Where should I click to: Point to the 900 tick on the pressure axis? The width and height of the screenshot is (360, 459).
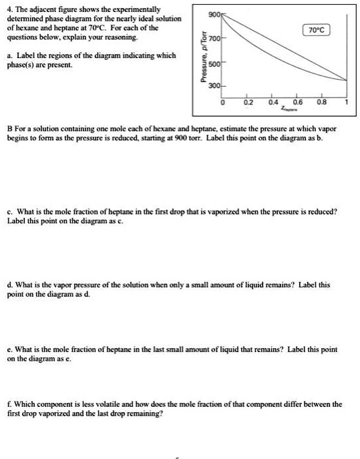[x=214, y=15]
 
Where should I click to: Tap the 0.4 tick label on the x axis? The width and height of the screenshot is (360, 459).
[x=273, y=104]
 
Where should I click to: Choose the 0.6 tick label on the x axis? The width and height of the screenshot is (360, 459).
[x=298, y=104]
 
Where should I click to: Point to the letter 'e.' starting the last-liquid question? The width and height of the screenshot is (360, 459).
[x=9, y=349]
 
